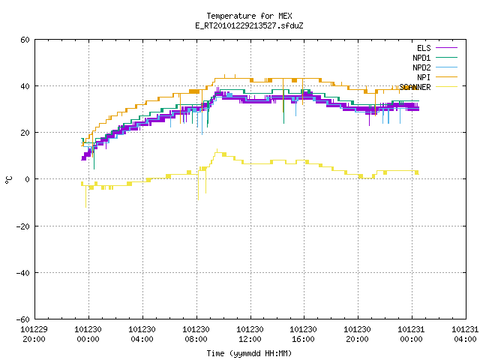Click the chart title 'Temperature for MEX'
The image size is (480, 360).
tap(249, 16)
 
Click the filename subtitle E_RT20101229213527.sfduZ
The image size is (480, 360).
tap(249, 25)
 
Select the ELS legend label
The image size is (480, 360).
tap(424, 48)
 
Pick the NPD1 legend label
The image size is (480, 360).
tap(421, 58)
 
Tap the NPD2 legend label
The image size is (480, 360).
tap(421, 67)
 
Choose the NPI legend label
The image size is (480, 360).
tap(424, 77)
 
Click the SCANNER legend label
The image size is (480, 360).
tap(415, 87)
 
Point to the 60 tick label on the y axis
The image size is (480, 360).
tap(25, 40)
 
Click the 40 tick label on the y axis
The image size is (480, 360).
tap(25, 86)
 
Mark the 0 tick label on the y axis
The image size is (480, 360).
tap(28, 179)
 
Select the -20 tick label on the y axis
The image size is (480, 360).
tap(23, 226)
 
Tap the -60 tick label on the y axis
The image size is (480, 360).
tap(23, 319)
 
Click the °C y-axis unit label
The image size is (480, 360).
tap(9, 180)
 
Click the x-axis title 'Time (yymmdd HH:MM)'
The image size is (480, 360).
tap(249, 353)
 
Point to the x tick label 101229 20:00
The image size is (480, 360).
tap(34, 334)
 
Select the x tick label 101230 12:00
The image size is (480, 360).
tap(250, 334)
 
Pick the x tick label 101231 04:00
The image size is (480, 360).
tap(465, 334)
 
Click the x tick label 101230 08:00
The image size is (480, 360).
tap(196, 334)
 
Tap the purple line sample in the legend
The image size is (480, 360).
tap(446, 48)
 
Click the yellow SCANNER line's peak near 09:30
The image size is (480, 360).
tap(217, 150)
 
